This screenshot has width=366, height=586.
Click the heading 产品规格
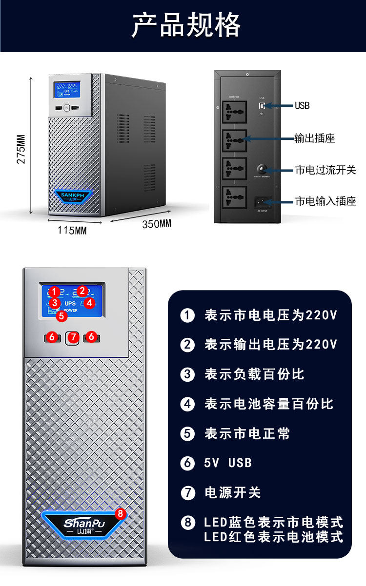pyautogui.click(x=186, y=25)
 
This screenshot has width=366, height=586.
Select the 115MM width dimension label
pyautogui.click(x=72, y=231)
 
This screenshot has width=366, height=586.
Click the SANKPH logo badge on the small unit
pyautogui.click(x=73, y=195)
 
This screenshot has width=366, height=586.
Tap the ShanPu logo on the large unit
pyautogui.click(x=84, y=524)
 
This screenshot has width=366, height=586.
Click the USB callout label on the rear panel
pyautogui.click(x=302, y=105)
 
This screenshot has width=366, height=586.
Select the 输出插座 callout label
pyautogui.click(x=315, y=138)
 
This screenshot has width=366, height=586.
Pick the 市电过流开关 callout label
pyautogui.click(x=325, y=170)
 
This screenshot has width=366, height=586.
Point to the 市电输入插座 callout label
pyautogui.click(x=325, y=201)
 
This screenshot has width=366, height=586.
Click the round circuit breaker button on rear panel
pyautogui.click(x=264, y=169)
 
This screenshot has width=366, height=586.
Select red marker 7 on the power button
pyautogui.click(x=73, y=337)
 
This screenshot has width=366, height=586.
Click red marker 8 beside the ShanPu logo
pyautogui.click(x=121, y=513)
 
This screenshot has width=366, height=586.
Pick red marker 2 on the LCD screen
pyautogui.click(x=82, y=291)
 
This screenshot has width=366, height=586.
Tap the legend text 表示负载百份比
pyautogui.click(x=254, y=374)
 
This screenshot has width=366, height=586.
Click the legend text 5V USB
pyautogui.click(x=228, y=463)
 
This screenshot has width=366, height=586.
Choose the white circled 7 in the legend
pyautogui.click(x=187, y=492)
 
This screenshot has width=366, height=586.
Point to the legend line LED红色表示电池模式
pyautogui.click(x=273, y=537)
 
